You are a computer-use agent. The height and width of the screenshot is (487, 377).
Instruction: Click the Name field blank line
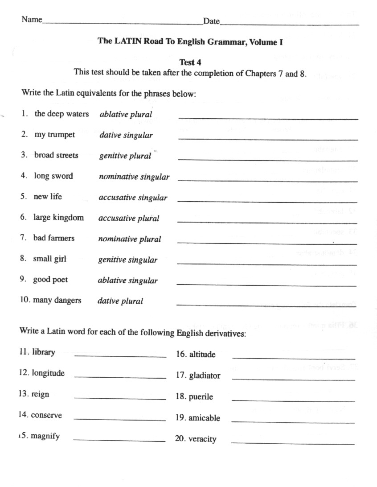[123, 23]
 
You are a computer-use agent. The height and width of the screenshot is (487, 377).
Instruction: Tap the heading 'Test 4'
[190, 62]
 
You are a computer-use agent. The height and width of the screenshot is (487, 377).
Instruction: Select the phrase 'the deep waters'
[61, 114]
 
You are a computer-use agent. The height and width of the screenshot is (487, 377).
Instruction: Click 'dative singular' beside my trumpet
[126, 135]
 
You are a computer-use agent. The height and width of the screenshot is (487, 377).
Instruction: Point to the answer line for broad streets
[267, 160]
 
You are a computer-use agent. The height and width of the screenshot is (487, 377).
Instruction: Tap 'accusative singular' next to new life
[133, 198]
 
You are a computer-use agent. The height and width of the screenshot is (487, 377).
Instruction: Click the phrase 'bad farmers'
[53, 238]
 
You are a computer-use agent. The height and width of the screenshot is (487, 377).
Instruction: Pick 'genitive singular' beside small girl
[127, 260]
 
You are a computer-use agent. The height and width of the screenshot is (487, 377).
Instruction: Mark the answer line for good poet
[266, 285]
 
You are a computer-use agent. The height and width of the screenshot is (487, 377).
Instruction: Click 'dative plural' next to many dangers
[120, 301]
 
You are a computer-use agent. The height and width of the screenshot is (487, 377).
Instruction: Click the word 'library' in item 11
[43, 352]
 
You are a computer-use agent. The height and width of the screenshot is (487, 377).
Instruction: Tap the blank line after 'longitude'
[119, 377]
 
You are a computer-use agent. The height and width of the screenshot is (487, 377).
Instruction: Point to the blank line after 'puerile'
[293, 401]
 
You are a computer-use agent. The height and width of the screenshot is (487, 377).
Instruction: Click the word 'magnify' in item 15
[45, 436]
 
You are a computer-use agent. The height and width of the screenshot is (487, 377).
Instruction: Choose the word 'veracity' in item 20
[202, 439]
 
